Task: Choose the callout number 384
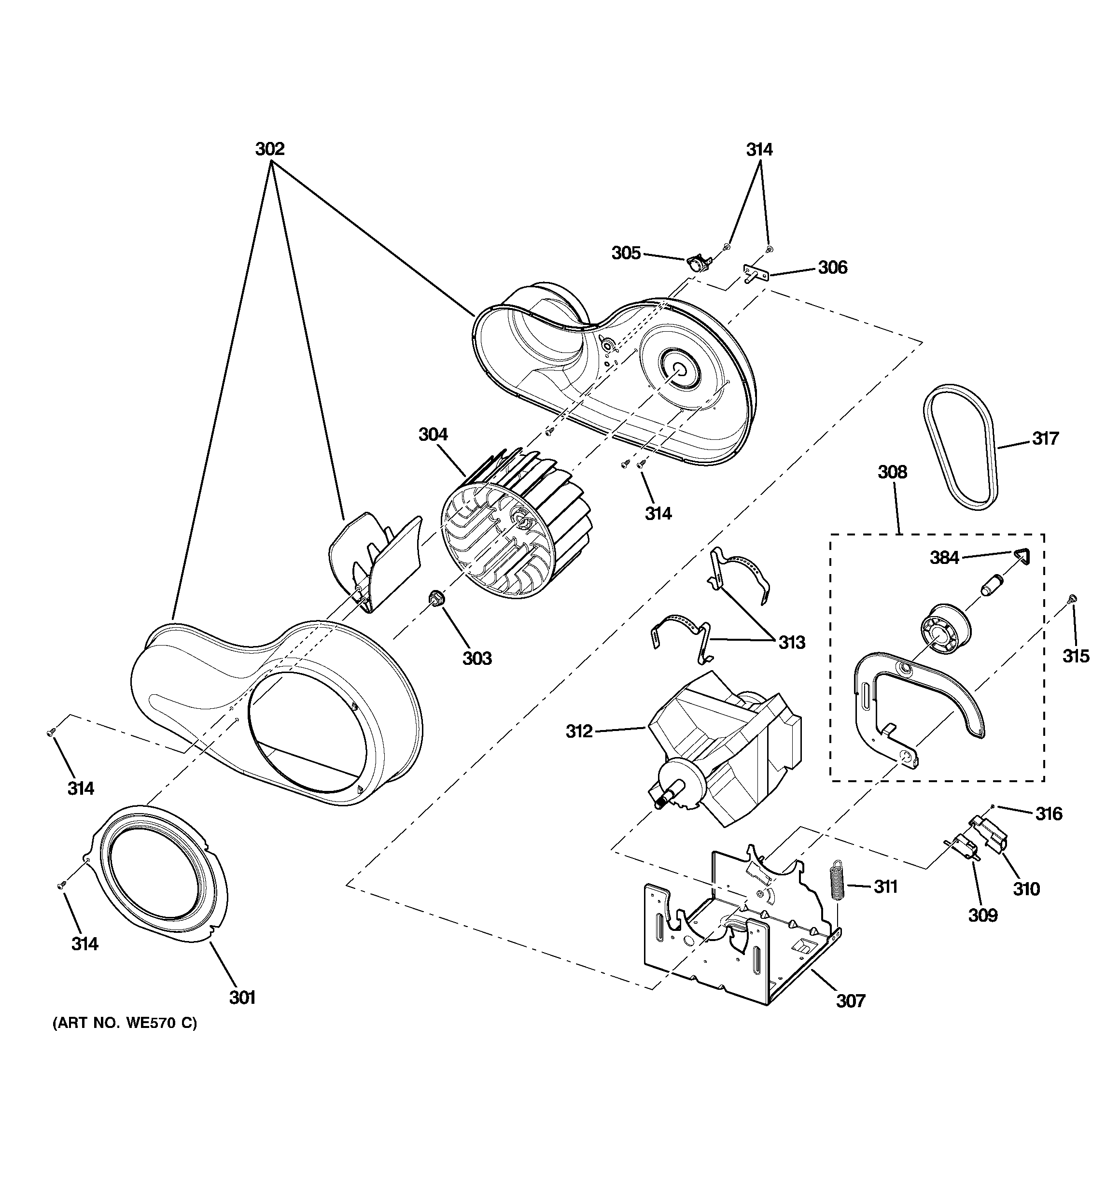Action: coord(944,558)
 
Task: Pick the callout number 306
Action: coord(833,267)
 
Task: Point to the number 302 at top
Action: coord(270,149)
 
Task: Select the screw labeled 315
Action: coord(1072,599)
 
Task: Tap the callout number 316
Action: coord(1049,814)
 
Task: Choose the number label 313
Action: coord(792,643)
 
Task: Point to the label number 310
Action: coord(1026,888)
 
